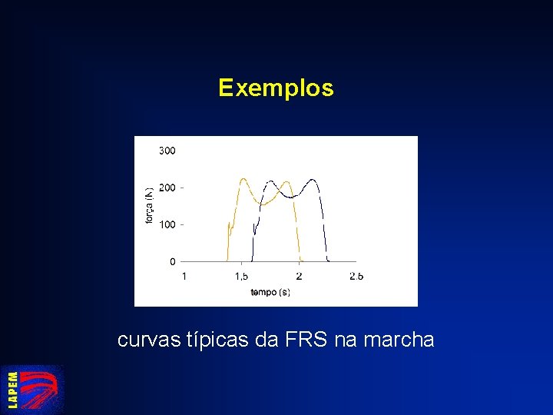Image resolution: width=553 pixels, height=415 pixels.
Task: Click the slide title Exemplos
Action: click(276, 88)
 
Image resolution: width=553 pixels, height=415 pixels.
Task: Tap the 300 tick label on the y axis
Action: click(167, 151)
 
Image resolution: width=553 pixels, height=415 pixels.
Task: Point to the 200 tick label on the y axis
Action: click(167, 188)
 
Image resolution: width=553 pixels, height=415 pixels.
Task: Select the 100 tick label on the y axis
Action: click(167, 224)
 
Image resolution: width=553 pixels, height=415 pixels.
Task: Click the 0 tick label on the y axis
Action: click(172, 261)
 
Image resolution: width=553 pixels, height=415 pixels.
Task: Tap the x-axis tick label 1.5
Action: click(241, 276)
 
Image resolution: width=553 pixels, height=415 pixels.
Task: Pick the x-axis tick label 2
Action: click(299, 276)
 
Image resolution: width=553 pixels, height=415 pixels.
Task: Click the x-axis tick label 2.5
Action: click(356, 276)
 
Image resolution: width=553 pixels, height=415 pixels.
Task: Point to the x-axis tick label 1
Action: click(184, 276)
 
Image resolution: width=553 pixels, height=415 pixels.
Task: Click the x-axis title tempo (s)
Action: click(270, 292)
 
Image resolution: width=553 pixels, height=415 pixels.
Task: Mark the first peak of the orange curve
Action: click(243, 180)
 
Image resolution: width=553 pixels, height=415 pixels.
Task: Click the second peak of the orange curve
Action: click(286, 182)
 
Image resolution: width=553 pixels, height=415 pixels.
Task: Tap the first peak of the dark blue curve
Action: click(270, 182)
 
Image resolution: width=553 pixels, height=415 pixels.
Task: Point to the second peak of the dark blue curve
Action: click(312, 180)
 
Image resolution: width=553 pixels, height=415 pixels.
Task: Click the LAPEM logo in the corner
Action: click(32, 389)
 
